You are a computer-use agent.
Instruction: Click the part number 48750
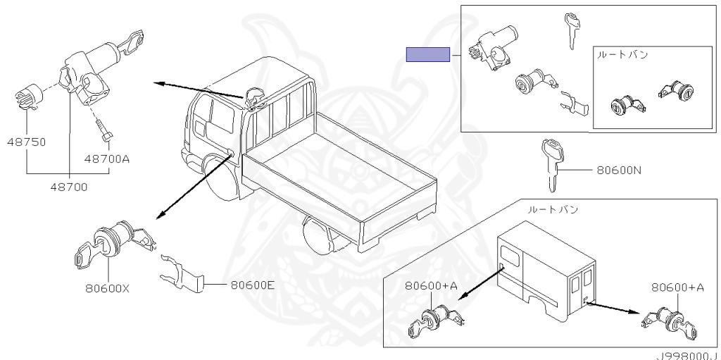point(27,142)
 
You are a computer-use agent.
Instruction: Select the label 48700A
point(107,159)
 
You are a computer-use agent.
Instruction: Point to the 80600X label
point(107,289)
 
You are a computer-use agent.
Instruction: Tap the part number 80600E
point(253,285)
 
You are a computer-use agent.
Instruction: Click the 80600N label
point(619,170)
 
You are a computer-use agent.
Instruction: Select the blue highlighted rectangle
point(427,54)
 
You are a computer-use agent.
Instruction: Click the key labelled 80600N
point(552,165)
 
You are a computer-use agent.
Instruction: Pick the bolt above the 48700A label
point(105,130)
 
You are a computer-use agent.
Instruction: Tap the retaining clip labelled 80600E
point(182,274)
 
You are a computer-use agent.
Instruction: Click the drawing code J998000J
point(688,355)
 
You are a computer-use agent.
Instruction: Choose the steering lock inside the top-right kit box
point(493,48)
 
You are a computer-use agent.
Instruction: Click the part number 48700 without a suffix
point(69,187)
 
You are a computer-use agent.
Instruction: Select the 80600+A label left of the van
point(432,286)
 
